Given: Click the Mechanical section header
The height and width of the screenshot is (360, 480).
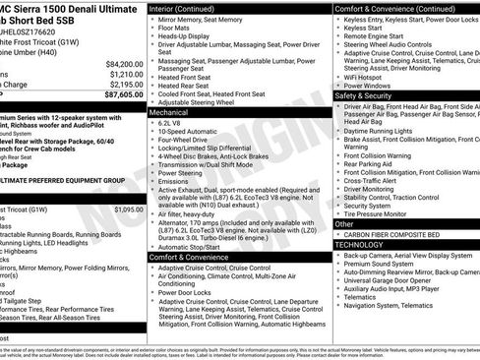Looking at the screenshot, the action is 171,113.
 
